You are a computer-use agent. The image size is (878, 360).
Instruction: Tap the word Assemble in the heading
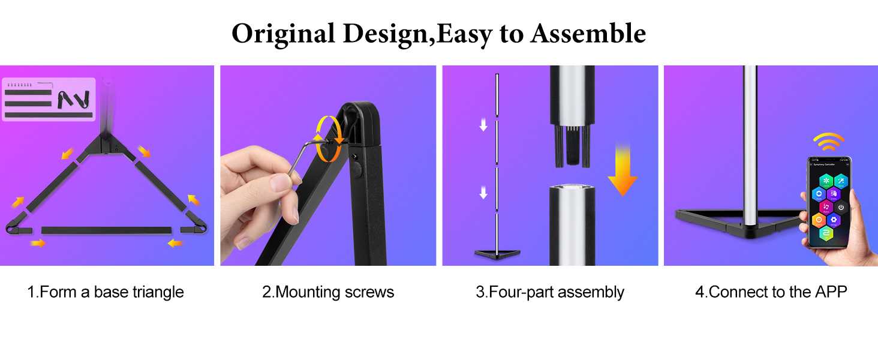588,34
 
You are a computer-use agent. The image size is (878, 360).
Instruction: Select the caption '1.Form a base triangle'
106,292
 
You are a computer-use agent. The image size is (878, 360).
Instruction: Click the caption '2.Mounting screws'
328,292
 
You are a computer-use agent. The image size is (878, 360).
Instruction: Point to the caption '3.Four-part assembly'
550,292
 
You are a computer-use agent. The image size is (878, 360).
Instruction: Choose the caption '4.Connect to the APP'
771,292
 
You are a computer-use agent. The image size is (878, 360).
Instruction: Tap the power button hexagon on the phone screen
841,208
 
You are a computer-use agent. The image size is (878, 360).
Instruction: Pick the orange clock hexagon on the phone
818,220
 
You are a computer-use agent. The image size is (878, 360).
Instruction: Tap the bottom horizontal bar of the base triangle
107,230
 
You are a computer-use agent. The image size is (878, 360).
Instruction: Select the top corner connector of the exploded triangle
107,144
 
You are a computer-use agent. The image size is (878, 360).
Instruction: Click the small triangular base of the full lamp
497,254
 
